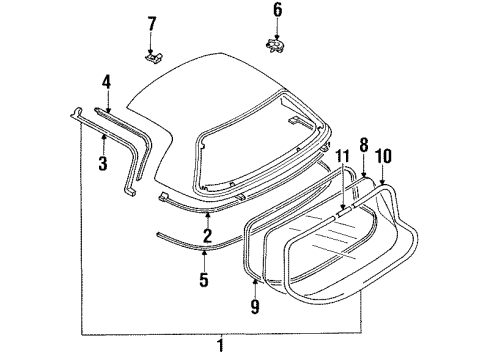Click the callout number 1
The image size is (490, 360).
[220, 345]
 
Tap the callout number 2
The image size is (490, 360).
[207, 235]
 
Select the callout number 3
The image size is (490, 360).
[103, 163]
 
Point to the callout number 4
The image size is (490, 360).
[106, 82]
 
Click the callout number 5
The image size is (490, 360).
[204, 279]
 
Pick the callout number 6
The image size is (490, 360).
[278, 10]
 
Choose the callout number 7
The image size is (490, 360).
[152, 24]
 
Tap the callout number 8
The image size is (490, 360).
[364, 145]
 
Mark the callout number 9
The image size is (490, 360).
[255, 307]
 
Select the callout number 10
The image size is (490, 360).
[383, 156]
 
